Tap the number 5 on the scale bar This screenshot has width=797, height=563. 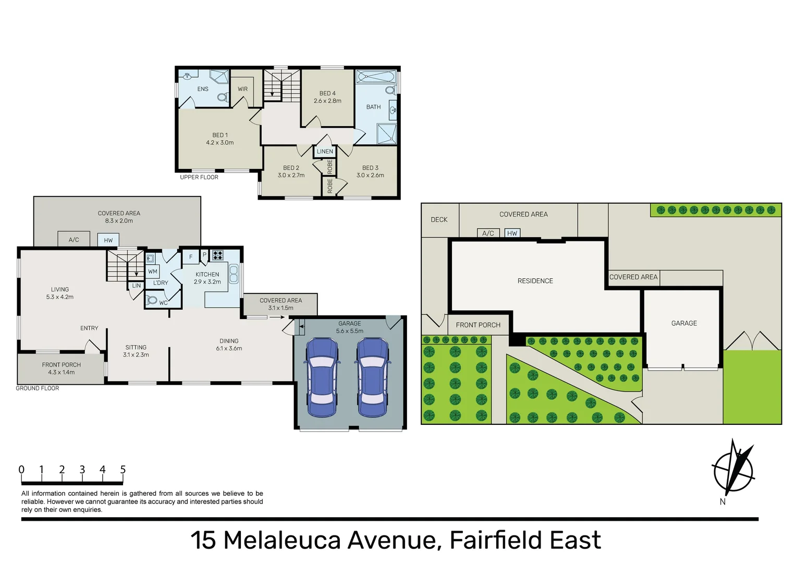[x=122, y=470]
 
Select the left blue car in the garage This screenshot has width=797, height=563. [x=322, y=377]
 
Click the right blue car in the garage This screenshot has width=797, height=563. [x=372, y=377]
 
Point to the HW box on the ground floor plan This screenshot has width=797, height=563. [x=108, y=240]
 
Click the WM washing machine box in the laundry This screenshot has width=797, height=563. [x=153, y=271]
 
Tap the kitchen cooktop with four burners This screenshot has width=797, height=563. [x=218, y=255]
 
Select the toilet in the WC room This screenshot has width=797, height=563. [x=152, y=300]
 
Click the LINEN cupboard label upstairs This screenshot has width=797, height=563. [x=325, y=151]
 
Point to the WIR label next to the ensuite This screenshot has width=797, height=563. [x=243, y=89]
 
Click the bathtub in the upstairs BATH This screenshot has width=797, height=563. [x=376, y=77]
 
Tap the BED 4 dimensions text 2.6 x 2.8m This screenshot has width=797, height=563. [x=327, y=101]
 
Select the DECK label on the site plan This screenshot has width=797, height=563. [x=439, y=219]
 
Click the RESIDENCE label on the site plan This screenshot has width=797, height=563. [x=535, y=281]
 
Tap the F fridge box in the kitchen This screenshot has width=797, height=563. [x=191, y=256]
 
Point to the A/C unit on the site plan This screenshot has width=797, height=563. [x=488, y=233]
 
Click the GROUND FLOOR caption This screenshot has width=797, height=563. [x=38, y=388]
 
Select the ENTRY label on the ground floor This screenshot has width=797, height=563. [x=89, y=328]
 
